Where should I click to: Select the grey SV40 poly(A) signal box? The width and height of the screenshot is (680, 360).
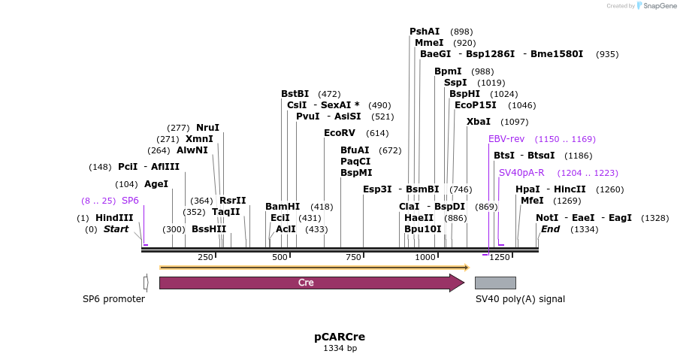(x=495, y=283)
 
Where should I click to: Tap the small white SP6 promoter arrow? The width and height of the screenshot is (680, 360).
(x=146, y=283)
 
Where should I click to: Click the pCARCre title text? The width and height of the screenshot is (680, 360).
(x=340, y=337)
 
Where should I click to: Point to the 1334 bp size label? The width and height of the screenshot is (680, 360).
(x=340, y=348)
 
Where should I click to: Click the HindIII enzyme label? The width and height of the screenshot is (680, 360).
(x=114, y=218)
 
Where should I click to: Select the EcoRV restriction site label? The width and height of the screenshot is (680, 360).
(x=340, y=133)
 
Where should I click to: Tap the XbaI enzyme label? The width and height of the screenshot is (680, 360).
(x=479, y=122)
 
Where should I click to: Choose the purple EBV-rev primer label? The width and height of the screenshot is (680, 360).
(x=506, y=139)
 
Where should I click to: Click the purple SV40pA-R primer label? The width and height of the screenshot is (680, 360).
(x=521, y=173)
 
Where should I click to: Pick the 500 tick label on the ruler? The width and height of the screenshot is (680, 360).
(x=280, y=257)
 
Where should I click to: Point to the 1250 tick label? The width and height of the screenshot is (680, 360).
(x=499, y=257)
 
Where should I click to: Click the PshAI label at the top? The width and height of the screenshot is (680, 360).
(x=425, y=32)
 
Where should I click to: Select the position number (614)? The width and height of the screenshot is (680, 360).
(x=377, y=133)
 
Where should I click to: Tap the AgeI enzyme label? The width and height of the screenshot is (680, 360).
(x=156, y=184)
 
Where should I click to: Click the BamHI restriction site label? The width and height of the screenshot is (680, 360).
(x=283, y=207)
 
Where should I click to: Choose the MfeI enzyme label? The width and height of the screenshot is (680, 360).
(x=532, y=201)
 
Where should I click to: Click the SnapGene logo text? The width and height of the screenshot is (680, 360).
(x=660, y=6)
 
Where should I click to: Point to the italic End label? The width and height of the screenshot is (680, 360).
(x=550, y=229)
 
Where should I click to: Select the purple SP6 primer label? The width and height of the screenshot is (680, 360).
(x=130, y=201)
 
